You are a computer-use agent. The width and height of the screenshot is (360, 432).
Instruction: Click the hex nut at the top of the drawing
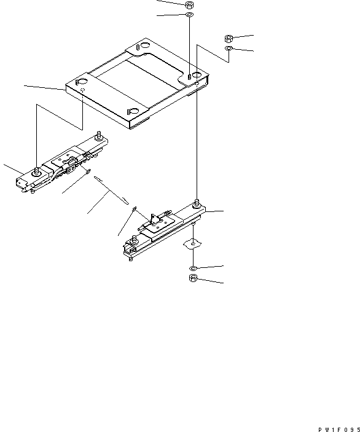tap(189, 5)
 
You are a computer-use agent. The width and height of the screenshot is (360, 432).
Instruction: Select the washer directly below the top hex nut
tap(189, 15)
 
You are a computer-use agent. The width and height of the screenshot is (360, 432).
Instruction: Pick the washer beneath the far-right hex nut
tap(228, 48)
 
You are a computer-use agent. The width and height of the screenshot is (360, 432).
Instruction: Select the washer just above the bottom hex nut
tap(193, 269)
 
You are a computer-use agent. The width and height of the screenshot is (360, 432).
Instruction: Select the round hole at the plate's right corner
tap(197, 77)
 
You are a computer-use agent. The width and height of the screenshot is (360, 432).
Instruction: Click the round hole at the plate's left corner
tap(80, 81)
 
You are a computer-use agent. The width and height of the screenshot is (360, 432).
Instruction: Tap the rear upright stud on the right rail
tap(197, 202)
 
